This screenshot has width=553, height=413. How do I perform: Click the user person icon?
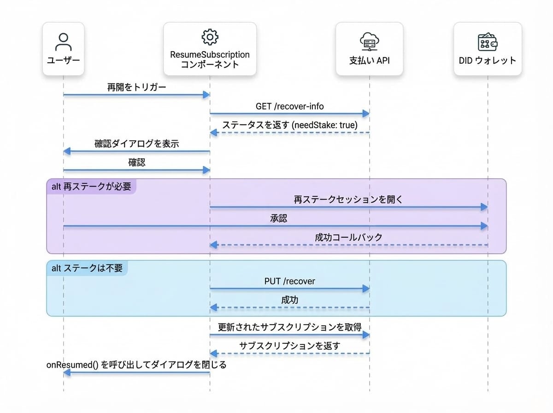(64, 41)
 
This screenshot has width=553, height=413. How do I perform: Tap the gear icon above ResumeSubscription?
(210, 37)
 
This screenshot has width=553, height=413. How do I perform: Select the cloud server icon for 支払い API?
(369, 41)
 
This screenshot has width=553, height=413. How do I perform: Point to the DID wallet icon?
(488, 41)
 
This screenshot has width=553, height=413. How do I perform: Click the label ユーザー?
(64, 60)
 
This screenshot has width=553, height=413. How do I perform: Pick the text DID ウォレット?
(488, 60)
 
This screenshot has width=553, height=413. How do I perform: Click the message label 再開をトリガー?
(137, 87)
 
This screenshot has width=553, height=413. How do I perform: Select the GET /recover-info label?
(290, 106)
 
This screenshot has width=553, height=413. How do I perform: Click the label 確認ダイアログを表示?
(137, 144)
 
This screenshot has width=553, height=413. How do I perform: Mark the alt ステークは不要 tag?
(87, 268)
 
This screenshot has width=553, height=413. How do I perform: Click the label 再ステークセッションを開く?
(348, 200)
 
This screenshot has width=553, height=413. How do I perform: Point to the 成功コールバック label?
(348, 237)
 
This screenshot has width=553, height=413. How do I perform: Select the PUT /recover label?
(290, 281)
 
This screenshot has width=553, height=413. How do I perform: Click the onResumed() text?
(72, 365)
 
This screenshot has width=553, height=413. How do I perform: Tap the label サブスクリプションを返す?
(290, 346)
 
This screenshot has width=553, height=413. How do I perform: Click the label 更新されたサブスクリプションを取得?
(290, 327)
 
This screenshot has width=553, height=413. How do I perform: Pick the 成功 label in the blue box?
(290, 300)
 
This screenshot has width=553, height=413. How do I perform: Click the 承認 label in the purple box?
(278, 218)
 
